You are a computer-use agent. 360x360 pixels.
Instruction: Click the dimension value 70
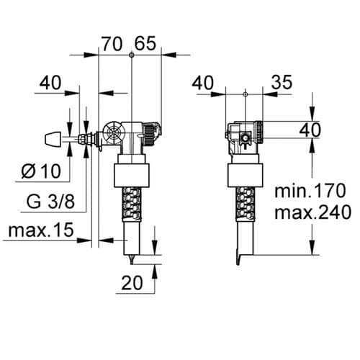click(112, 43)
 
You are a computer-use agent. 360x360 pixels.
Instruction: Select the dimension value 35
click(281, 84)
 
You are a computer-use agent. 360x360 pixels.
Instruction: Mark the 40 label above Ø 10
click(50, 84)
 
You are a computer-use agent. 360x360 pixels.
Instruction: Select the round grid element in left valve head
click(113, 135)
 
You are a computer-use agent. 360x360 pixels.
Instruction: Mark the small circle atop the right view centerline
click(246, 94)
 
